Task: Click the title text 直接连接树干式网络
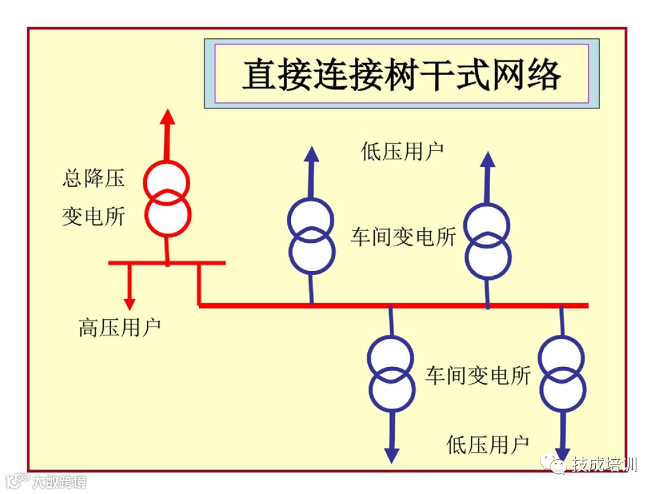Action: [x=402, y=74]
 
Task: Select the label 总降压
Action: [x=93, y=179]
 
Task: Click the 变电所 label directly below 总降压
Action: [x=93, y=217]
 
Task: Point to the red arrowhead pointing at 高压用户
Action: [x=129, y=302]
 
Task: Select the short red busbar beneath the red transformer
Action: [x=167, y=262]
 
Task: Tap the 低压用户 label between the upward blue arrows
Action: [x=402, y=152]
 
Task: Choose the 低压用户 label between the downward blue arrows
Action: [x=487, y=445]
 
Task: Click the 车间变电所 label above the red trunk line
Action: [x=403, y=237]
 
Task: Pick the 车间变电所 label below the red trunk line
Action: [x=478, y=375]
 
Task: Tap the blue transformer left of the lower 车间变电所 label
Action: [x=391, y=375]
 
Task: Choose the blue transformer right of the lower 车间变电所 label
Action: [x=562, y=374]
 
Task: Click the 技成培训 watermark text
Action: [x=604, y=464]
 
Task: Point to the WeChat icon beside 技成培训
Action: [x=554, y=464]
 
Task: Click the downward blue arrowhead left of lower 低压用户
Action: [x=391, y=454]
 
